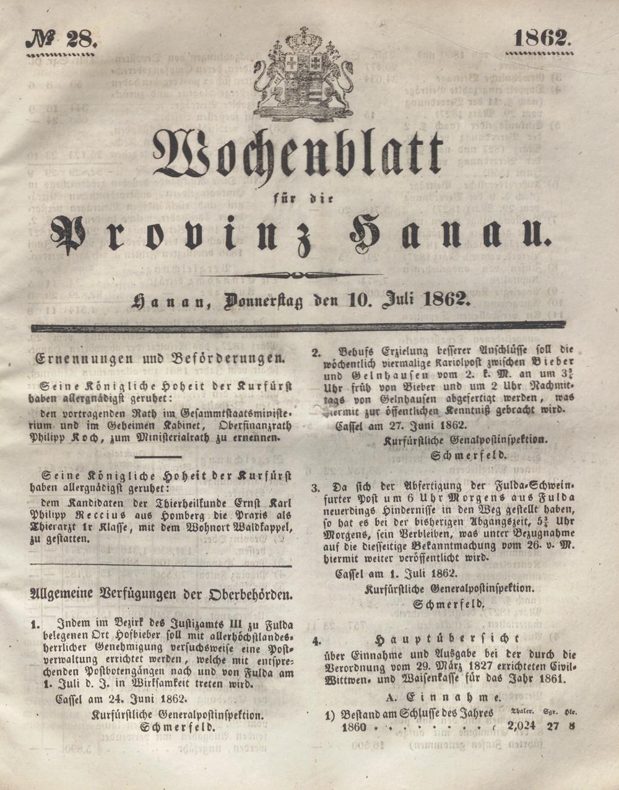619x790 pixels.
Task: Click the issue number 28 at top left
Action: pos(79,41)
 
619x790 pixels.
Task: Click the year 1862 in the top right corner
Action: pos(540,38)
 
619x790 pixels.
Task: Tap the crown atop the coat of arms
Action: pos(303,40)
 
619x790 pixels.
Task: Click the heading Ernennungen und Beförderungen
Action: pos(160,358)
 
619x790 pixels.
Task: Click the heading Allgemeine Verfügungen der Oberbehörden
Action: pos(161,594)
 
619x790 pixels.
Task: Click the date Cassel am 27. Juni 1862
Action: pos(401,426)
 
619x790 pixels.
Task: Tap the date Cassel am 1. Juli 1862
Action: pos(396,573)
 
